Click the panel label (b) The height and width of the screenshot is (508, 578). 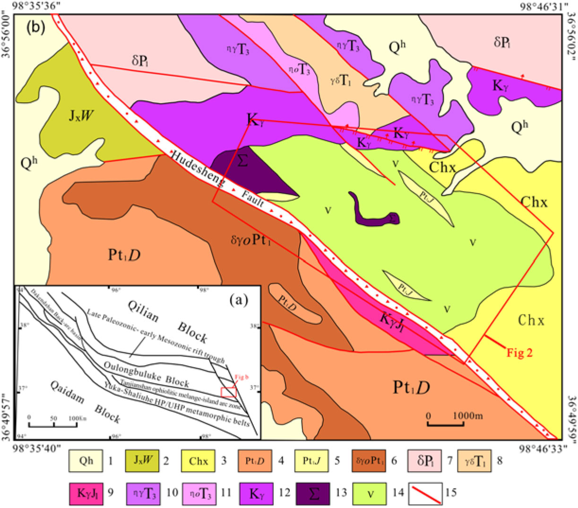(x=36, y=27)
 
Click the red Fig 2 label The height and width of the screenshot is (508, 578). (x=519, y=352)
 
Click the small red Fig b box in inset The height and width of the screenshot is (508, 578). (x=228, y=392)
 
